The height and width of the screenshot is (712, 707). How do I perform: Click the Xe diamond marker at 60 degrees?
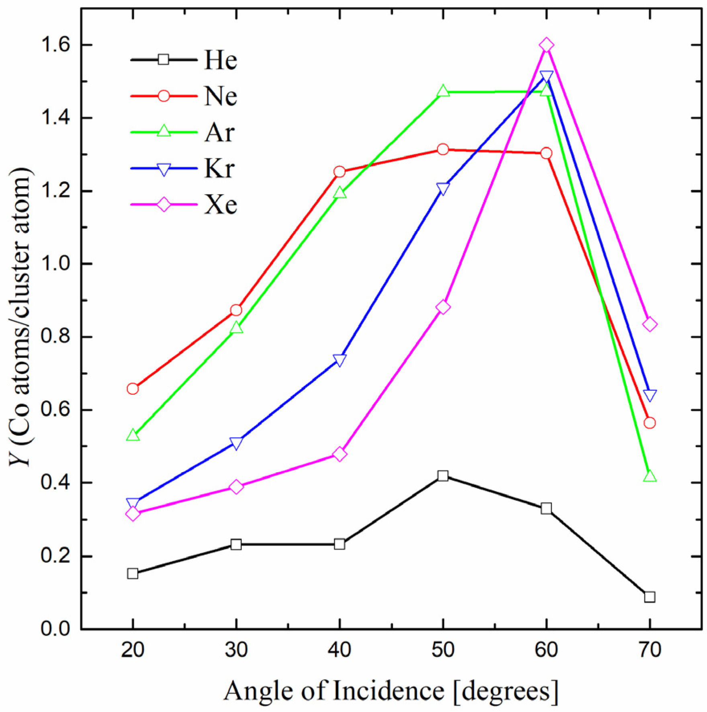pyautogui.click(x=546, y=45)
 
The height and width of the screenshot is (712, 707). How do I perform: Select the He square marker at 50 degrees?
pyautogui.click(x=443, y=476)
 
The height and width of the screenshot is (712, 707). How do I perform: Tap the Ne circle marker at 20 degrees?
pyautogui.click(x=133, y=389)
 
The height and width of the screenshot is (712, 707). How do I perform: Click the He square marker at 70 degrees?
pyautogui.click(x=650, y=597)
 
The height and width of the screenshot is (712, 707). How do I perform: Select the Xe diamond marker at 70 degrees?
pyautogui.click(x=650, y=324)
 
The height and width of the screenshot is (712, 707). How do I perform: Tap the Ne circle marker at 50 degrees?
pyautogui.click(x=443, y=149)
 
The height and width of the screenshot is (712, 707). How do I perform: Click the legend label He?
pyautogui.click(x=221, y=60)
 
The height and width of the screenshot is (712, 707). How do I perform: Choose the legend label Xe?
pyautogui.click(x=221, y=205)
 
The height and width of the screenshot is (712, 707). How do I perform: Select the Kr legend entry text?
pyautogui.click(x=219, y=169)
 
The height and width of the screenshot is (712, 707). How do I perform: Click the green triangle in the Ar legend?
pyautogui.click(x=163, y=131)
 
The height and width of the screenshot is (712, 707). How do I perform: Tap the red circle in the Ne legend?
pyautogui.click(x=163, y=96)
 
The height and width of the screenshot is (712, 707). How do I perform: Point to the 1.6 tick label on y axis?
pyautogui.click(x=55, y=45)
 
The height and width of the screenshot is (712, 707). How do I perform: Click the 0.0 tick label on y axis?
pyautogui.click(x=55, y=629)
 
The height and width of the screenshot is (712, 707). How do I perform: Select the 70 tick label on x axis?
pyautogui.click(x=650, y=650)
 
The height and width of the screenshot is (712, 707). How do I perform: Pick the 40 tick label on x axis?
pyautogui.click(x=339, y=650)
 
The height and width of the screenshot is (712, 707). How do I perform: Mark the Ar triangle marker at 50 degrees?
pyautogui.click(x=443, y=91)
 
